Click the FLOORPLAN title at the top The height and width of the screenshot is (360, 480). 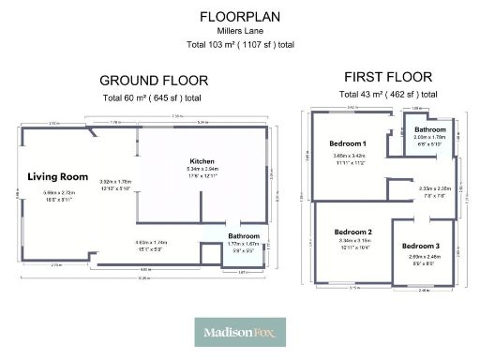(239, 16)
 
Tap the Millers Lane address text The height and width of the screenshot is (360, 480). (239, 31)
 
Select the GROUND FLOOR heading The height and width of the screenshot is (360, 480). (153, 81)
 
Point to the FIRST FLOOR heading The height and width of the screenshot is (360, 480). (388, 77)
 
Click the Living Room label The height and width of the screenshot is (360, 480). (57, 176)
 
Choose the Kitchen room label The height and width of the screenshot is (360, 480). (202, 160)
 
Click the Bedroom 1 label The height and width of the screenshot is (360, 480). (348, 143)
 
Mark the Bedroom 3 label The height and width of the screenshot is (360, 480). (424, 246)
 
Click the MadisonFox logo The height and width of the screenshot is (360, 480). (239, 331)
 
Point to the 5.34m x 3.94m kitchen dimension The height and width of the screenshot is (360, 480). (202, 169)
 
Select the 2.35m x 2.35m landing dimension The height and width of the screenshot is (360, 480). (435, 188)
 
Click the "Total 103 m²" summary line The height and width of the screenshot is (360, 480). (239, 44)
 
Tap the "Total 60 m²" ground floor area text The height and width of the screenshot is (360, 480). (153, 97)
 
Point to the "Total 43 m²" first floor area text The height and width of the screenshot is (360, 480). (388, 94)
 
